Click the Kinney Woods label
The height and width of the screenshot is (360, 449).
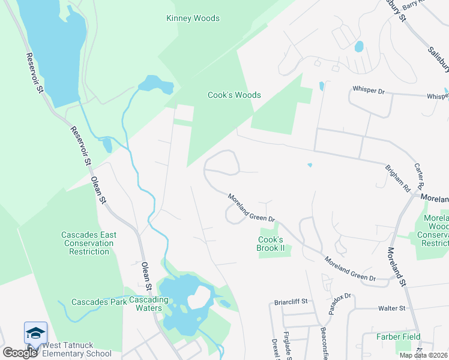click(x=193, y=18)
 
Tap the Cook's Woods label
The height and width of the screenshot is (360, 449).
click(x=234, y=95)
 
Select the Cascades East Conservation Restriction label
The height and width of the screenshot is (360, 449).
click(x=89, y=243)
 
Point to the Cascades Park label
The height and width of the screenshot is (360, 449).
click(x=99, y=302)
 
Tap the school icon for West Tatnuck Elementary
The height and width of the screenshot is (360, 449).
click(x=35, y=334)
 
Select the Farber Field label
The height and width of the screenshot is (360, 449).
click(x=399, y=337)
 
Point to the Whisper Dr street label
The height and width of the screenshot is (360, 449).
click(x=369, y=89)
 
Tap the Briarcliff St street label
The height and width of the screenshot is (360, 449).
click(x=291, y=301)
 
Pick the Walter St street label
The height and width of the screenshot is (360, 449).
click(x=392, y=308)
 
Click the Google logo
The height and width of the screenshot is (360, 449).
click(x=20, y=353)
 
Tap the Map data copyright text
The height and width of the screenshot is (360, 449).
click(x=423, y=355)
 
